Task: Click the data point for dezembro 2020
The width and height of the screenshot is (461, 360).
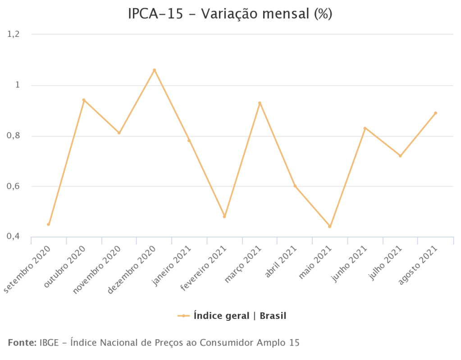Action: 154,70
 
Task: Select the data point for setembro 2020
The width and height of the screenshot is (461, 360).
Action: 48,224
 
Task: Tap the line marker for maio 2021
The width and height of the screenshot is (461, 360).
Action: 329,227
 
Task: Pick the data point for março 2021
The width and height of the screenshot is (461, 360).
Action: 260,103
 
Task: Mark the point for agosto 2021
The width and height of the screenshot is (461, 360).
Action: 435,113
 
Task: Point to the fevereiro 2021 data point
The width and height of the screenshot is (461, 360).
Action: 224,216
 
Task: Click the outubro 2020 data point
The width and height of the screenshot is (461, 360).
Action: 83,100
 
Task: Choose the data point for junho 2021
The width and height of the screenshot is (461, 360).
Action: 365,128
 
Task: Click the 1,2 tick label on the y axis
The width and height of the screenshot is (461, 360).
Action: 14,34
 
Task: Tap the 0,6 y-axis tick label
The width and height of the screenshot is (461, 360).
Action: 14,186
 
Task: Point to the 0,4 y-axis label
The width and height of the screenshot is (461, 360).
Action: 14,237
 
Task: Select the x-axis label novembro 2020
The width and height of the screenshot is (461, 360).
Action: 98,269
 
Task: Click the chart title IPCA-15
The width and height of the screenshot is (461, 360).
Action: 230,14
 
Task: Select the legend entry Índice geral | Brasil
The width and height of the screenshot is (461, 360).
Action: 239,316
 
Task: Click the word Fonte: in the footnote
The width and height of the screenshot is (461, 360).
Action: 22,342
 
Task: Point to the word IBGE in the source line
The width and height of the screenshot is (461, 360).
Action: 48,342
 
